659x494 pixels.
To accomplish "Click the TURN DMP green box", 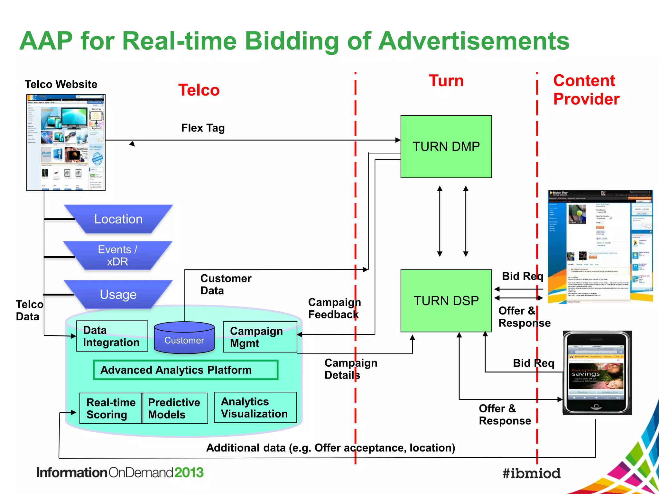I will coord(446,147).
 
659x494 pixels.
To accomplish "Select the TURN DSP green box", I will coord(446,301).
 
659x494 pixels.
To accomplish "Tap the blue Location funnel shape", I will coord(118,219).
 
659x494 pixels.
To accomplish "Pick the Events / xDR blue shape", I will coord(118,255).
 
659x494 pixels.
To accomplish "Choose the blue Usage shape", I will coord(118,294).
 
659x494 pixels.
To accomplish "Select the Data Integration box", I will coord(112,336).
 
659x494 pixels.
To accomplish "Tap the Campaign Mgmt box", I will coord(260,337).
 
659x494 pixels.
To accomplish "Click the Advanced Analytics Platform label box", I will coord(185,370).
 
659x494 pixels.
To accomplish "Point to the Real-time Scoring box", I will coord(111,408).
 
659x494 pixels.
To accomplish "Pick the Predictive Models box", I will coord(175,408).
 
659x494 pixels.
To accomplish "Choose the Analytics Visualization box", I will coord(255,407).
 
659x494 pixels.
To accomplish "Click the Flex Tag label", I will coord(203,128).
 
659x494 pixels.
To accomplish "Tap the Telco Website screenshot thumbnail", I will coord(66,142).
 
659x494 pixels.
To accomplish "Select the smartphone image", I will coord(597,373).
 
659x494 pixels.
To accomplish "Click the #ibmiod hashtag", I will coord(531,473).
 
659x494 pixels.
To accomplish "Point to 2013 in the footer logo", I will coord(189,472).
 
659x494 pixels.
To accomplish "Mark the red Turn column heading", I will coord(446,81).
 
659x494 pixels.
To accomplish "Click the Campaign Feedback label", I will coord(334,308).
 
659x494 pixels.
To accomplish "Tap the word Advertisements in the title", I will coord(474,41).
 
